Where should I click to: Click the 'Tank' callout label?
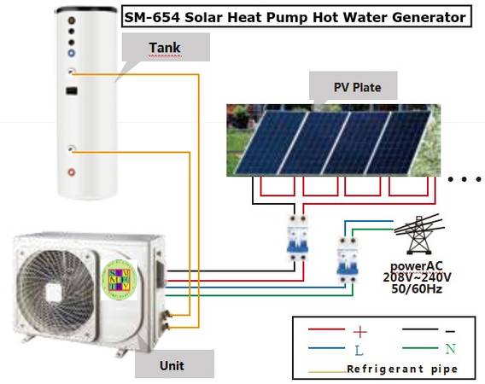point(165,47)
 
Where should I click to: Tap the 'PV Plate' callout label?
point(357,87)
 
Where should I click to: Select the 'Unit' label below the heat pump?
point(172,366)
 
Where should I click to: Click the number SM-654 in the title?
point(152,17)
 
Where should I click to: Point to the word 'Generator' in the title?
point(429,17)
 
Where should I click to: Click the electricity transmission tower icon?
point(418,234)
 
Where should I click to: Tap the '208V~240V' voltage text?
point(417,277)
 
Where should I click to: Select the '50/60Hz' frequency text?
point(417,288)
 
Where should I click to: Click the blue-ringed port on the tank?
point(72,53)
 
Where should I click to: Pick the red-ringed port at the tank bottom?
point(72,172)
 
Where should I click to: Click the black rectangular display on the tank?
point(72,91)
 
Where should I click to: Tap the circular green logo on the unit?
point(119,280)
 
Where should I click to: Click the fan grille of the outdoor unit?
point(56,292)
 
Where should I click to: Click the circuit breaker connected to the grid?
point(348,260)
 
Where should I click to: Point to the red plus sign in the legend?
point(360,332)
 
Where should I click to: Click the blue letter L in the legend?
point(359,351)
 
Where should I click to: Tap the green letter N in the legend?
point(451,349)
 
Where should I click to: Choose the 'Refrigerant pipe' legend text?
point(402,369)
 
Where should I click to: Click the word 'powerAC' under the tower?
point(417,266)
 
